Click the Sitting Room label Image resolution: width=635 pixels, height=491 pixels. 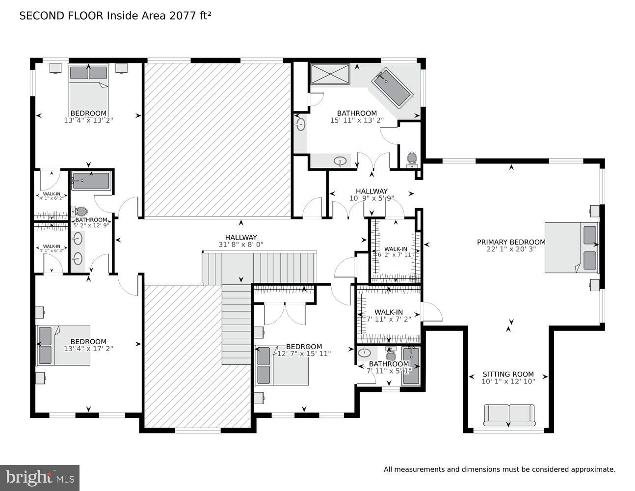tap(508, 374)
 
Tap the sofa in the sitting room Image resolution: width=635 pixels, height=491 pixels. tap(509, 414)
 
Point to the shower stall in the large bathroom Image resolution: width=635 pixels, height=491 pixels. tap(330, 74)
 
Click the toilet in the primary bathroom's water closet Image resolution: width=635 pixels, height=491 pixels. tap(412, 158)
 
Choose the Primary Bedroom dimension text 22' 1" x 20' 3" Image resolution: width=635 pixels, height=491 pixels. tap(511, 249)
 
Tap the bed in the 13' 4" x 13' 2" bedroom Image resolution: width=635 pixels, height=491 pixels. tap(88, 91)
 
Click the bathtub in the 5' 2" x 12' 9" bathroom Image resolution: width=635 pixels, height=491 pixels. tap(91, 180)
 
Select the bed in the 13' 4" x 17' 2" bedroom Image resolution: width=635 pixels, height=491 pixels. tap(64, 345)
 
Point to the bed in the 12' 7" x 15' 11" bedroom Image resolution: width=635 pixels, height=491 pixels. tap(282, 366)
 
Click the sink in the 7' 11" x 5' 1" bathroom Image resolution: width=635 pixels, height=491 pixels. tap(365, 352)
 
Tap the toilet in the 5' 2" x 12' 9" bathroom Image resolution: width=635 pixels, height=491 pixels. tap(75, 211)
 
